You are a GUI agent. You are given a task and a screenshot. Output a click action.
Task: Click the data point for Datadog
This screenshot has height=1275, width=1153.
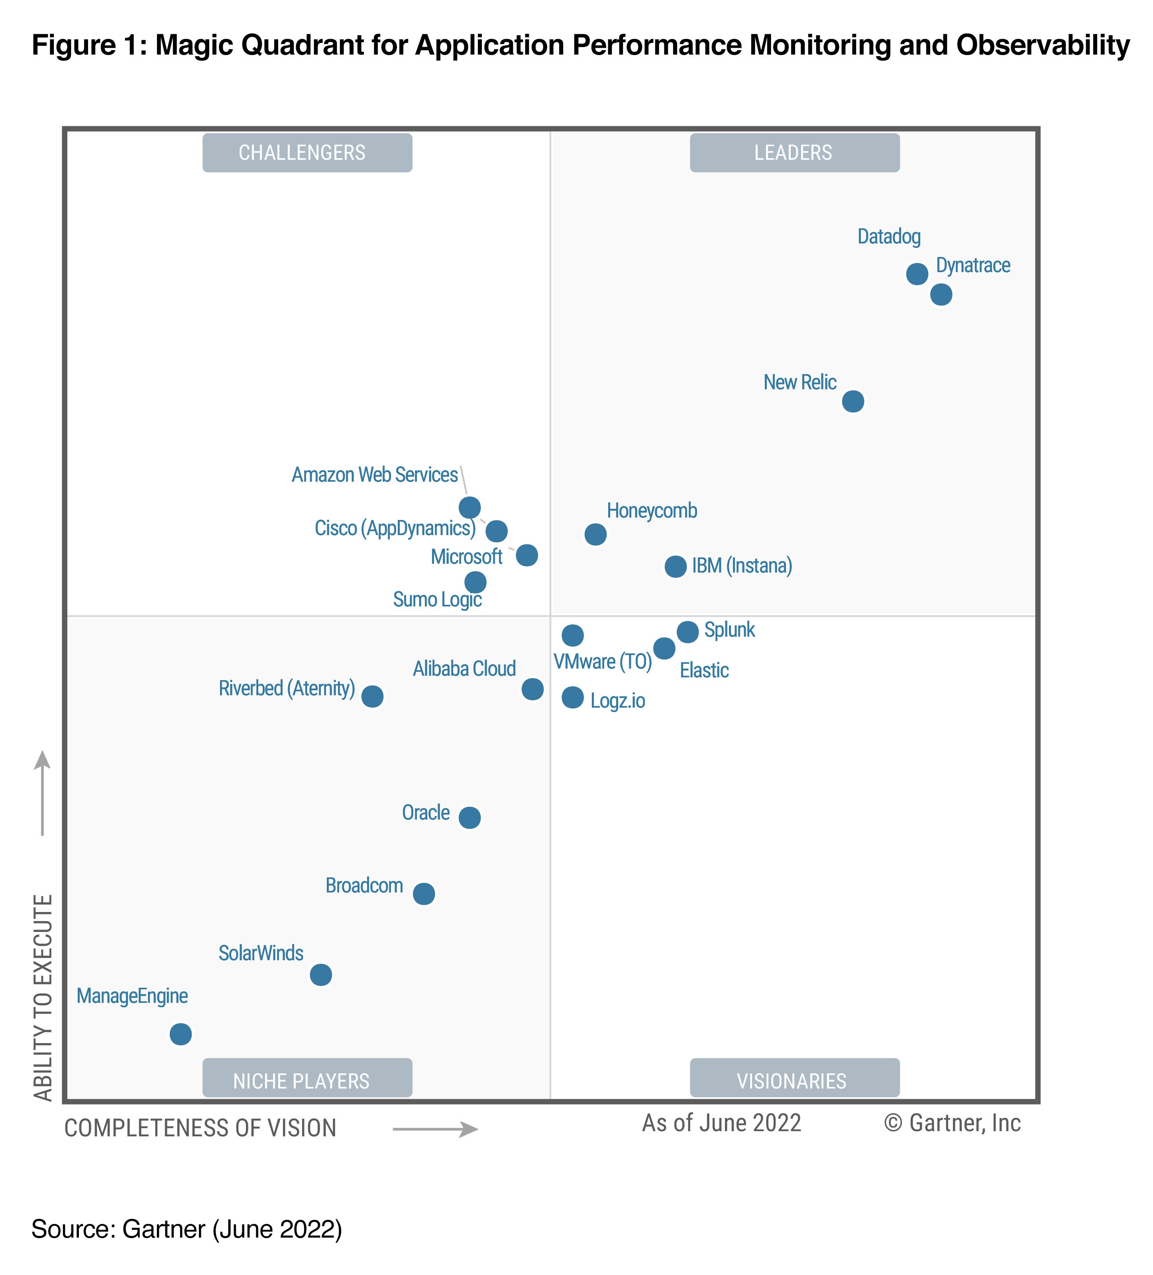tap(916, 274)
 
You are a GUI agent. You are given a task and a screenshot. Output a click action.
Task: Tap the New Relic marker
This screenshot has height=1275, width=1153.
tap(852, 401)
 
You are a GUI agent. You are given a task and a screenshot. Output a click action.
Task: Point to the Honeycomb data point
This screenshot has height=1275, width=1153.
tap(595, 534)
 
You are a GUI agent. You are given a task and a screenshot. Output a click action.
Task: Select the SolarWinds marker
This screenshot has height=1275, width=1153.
tap(321, 975)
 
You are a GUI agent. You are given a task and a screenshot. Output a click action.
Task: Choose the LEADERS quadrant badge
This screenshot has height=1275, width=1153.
tap(794, 153)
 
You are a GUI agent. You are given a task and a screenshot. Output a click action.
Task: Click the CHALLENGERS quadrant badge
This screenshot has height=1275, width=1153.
tap(307, 153)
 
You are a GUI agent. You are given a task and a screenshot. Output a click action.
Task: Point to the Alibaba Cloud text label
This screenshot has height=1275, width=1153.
tap(464, 669)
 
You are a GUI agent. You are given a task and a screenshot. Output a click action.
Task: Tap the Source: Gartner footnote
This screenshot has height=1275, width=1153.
tap(187, 1229)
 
